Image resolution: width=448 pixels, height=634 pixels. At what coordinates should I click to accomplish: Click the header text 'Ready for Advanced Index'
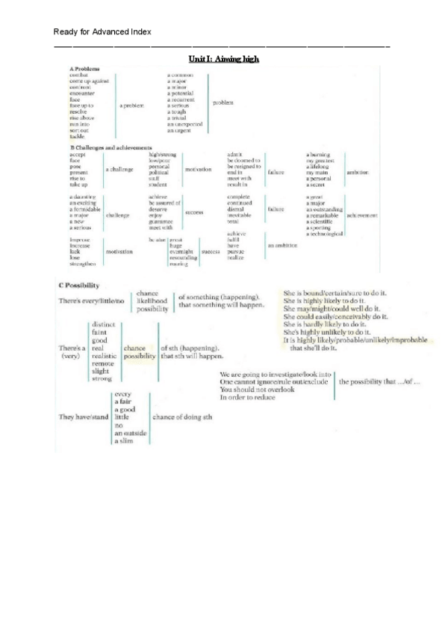(x=102, y=31)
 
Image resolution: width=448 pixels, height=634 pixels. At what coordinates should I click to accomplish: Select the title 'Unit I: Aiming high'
(x=224, y=58)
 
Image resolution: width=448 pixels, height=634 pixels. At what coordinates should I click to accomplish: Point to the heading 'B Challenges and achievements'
(x=111, y=148)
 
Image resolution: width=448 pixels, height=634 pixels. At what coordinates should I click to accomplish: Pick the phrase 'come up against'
(x=90, y=81)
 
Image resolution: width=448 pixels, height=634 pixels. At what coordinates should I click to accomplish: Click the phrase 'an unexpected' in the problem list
(x=184, y=124)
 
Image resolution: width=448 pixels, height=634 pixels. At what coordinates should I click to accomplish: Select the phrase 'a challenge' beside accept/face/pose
(x=119, y=170)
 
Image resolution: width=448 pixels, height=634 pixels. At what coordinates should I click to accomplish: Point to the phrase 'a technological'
(x=325, y=234)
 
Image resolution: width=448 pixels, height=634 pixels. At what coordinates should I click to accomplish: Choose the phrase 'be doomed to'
(x=243, y=160)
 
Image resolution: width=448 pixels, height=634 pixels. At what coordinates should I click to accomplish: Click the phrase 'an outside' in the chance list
(x=131, y=434)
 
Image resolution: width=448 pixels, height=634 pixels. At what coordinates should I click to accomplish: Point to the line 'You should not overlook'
(x=253, y=389)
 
